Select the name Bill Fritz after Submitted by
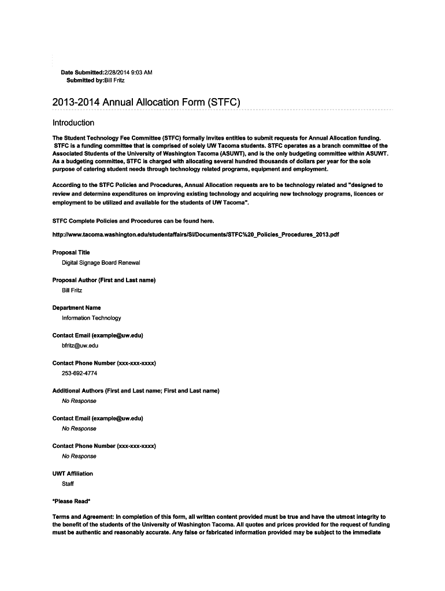point(114,80)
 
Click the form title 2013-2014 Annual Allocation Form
point(146,103)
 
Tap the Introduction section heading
point(73,123)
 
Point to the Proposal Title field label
point(71,252)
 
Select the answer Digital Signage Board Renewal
point(101,263)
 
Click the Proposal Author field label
point(104,280)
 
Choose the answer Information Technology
point(91,318)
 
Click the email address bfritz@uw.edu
point(80,346)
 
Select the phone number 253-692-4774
point(80,373)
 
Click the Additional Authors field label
point(136,391)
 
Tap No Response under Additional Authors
point(79,401)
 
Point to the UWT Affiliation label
point(73,473)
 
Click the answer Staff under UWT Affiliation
point(68,484)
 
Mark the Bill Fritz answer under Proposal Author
point(72,290)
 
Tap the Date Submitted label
point(81,72)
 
